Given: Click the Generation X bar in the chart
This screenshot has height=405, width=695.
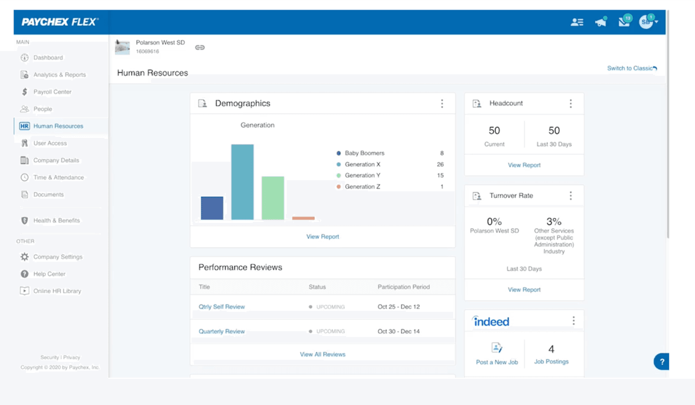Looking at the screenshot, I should pyautogui.click(x=242, y=182).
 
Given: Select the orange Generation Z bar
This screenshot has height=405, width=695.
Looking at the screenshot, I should pyautogui.click(x=303, y=218).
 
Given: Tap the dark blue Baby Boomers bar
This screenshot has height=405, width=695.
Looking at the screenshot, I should pyautogui.click(x=212, y=208).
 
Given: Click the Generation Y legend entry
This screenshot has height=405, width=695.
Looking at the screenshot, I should pyautogui.click(x=359, y=175).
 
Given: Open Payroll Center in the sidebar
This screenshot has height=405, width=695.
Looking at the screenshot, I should pyautogui.click(x=52, y=92).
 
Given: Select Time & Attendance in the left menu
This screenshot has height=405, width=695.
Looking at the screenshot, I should pyautogui.click(x=58, y=177).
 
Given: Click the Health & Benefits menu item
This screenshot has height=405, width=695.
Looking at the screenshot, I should pyautogui.click(x=56, y=220).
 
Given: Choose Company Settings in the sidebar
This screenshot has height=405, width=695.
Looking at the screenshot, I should pyautogui.click(x=57, y=257).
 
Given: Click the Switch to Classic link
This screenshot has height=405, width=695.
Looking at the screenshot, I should pyautogui.click(x=631, y=68).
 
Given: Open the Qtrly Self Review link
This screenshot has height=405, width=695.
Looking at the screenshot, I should pyautogui.click(x=222, y=307).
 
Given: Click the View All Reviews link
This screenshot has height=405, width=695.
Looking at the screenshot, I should pyautogui.click(x=322, y=354).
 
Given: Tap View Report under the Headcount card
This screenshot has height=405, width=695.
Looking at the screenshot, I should pyautogui.click(x=524, y=165).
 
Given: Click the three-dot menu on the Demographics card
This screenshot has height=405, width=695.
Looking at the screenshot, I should pyautogui.click(x=442, y=103).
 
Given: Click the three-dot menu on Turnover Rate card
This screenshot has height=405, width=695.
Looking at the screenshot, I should pyautogui.click(x=571, y=196).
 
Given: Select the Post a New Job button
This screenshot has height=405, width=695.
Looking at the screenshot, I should pyautogui.click(x=496, y=354).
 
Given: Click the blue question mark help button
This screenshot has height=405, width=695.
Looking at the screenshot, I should pyautogui.click(x=661, y=362).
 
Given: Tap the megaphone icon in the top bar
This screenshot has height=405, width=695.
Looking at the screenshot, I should pyautogui.click(x=601, y=22).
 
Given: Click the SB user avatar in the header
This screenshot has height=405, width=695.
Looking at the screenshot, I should pyautogui.click(x=646, y=22).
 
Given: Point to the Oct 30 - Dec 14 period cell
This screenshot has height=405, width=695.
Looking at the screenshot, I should pyautogui.click(x=399, y=332).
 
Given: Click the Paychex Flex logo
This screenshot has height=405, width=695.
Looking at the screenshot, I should pyautogui.click(x=60, y=22).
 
